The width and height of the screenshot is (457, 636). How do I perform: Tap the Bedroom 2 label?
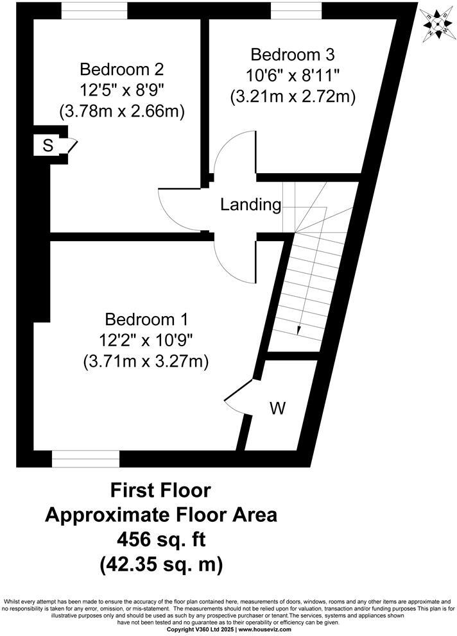121,69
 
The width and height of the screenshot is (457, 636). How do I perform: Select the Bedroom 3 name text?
293,54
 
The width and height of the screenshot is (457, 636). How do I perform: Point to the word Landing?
251,205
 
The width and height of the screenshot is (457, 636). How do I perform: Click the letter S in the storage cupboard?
47,146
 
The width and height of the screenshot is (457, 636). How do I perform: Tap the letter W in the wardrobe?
277,407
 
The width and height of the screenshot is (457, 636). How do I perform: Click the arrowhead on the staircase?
299,330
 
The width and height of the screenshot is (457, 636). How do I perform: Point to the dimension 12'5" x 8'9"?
121,90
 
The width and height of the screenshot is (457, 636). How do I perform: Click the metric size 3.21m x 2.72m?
293,96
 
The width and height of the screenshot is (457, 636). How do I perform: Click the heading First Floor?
160,491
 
